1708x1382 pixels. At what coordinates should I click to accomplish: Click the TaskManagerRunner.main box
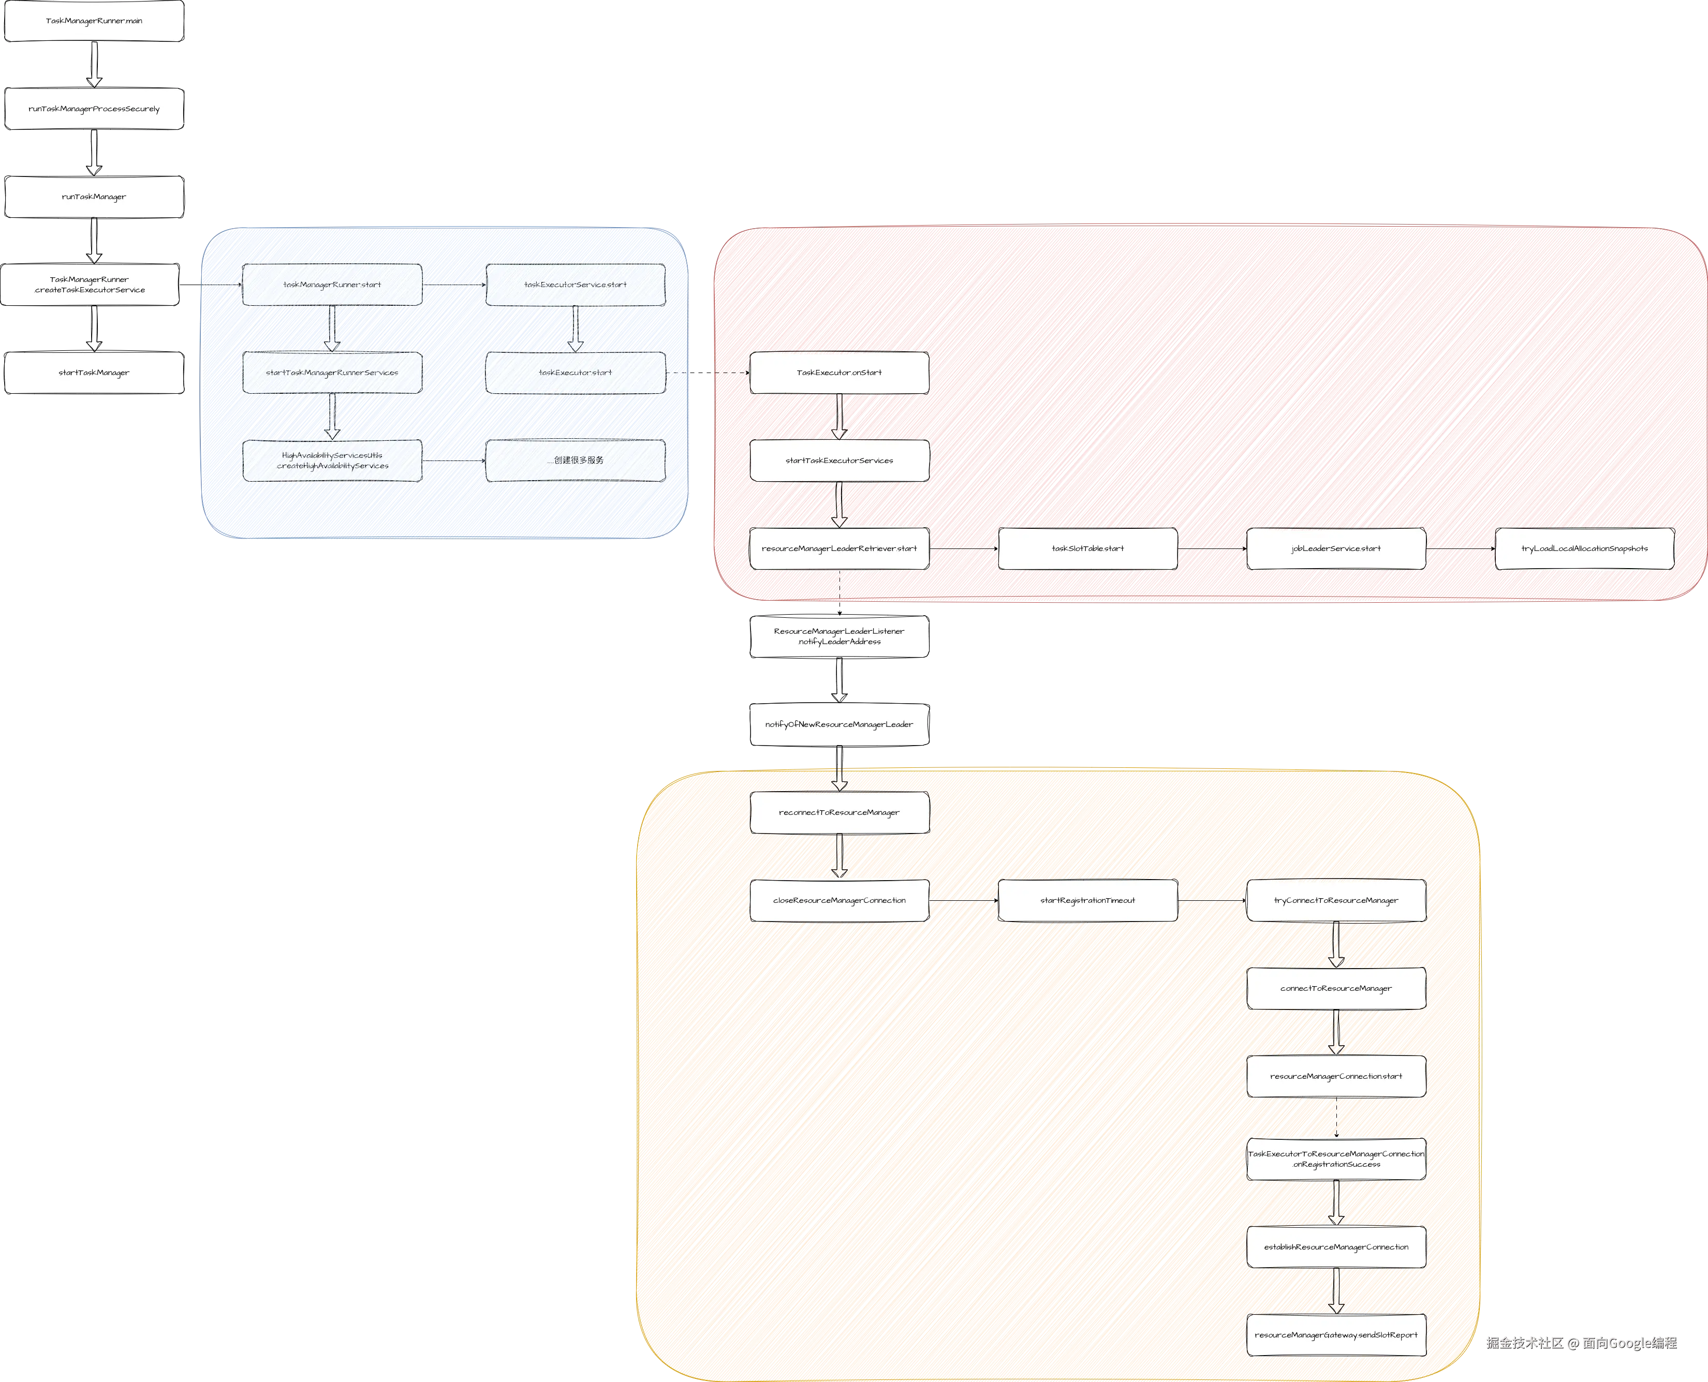pos(94,22)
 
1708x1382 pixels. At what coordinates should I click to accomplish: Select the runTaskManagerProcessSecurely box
pos(94,109)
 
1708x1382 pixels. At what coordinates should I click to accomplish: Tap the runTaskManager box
pos(94,197)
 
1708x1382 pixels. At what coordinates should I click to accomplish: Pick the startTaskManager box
pos(94,373)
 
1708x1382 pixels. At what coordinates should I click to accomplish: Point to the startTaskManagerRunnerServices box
pos(332,373)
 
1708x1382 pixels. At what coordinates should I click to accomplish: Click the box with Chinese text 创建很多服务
pos(575,460)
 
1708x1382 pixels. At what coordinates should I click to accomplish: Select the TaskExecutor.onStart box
pos(840,373)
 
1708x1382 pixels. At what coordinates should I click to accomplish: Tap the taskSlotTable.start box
pos(1088,548)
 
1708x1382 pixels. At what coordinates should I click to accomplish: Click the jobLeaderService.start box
pos(1336,548)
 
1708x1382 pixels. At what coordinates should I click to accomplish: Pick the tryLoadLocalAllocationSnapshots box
pos(1585,548)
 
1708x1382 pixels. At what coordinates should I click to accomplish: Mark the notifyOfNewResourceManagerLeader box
pos(840,724)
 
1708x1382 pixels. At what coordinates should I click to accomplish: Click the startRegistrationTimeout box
pos(1088,900)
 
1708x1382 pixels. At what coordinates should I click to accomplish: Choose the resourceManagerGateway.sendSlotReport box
pos(1336,1335)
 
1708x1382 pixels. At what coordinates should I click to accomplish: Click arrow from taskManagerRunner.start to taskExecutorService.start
pos(454,284)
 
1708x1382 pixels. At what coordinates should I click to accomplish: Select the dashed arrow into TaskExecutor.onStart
pos(708,373)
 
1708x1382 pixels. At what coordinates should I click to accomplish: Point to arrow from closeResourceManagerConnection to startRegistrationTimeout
pos(964,900)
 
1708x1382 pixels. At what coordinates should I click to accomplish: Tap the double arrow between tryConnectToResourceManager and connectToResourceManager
pos(1336,944)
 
